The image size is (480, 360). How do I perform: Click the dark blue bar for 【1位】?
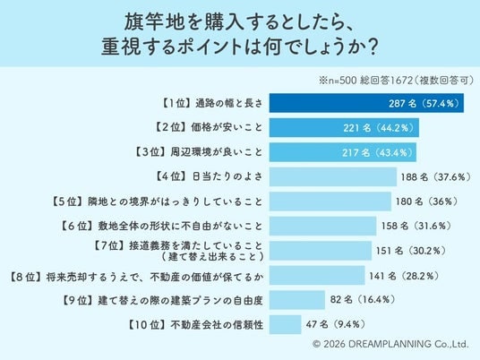(x=366, y=103)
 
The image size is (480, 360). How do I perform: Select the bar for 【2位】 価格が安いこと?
(x=344, y=128)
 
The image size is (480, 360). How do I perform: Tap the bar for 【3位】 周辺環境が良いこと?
(x=343, y=152)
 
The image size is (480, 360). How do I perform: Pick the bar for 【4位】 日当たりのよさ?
(x=333, y=176)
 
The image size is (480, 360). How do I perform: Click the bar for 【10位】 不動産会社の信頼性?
(x=286, y=324)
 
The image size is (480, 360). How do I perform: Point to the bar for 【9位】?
(x=297, y=300)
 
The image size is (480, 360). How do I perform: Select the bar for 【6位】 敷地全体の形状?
(x=322, y=226)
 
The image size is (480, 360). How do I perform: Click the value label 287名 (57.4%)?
(x=424, y=104)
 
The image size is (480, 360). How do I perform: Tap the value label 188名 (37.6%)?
(x=436, y=177)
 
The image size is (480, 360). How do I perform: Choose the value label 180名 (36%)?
(x=427, y=201)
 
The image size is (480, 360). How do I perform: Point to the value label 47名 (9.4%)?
(x=336, y=324)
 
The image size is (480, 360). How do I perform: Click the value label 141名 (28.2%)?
(x=404, y=276)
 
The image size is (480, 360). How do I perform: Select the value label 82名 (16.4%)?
(x=363, y=299)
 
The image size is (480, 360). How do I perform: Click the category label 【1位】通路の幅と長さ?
(x=211, y=104)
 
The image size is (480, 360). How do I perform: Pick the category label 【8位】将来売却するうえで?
(x=135, y=277)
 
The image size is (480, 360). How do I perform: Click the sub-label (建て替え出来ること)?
(x=212, y=256)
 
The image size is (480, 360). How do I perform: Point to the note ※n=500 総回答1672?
(x=396, y=81)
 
